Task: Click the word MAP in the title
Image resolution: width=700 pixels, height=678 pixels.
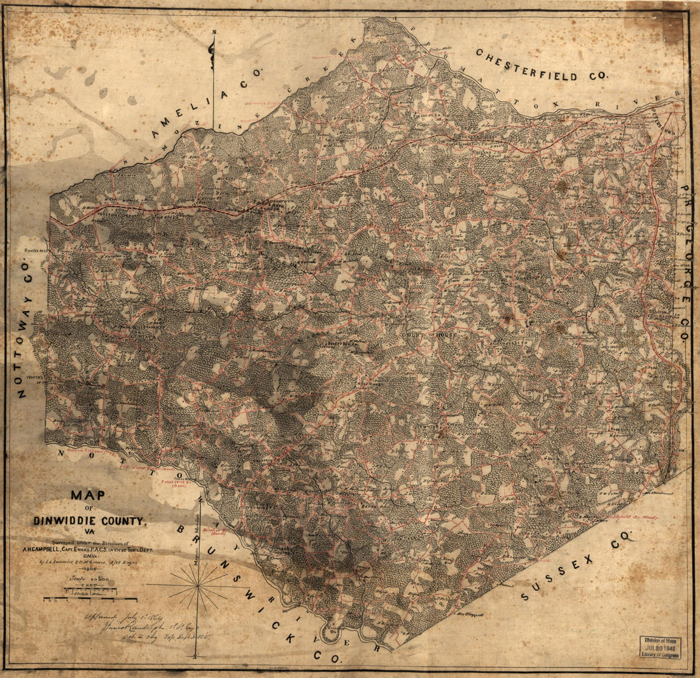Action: [x=89, y=495]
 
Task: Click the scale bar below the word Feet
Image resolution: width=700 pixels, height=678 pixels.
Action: [x=89, y=598]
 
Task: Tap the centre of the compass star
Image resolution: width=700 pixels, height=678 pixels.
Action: [x=199, y=585]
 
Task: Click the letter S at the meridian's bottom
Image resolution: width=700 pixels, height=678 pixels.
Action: [x=197, y=655]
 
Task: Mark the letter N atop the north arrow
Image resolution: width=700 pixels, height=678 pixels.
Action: [x=214, y=32]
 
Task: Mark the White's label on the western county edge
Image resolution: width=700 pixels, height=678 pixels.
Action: [x=33, y=377]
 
